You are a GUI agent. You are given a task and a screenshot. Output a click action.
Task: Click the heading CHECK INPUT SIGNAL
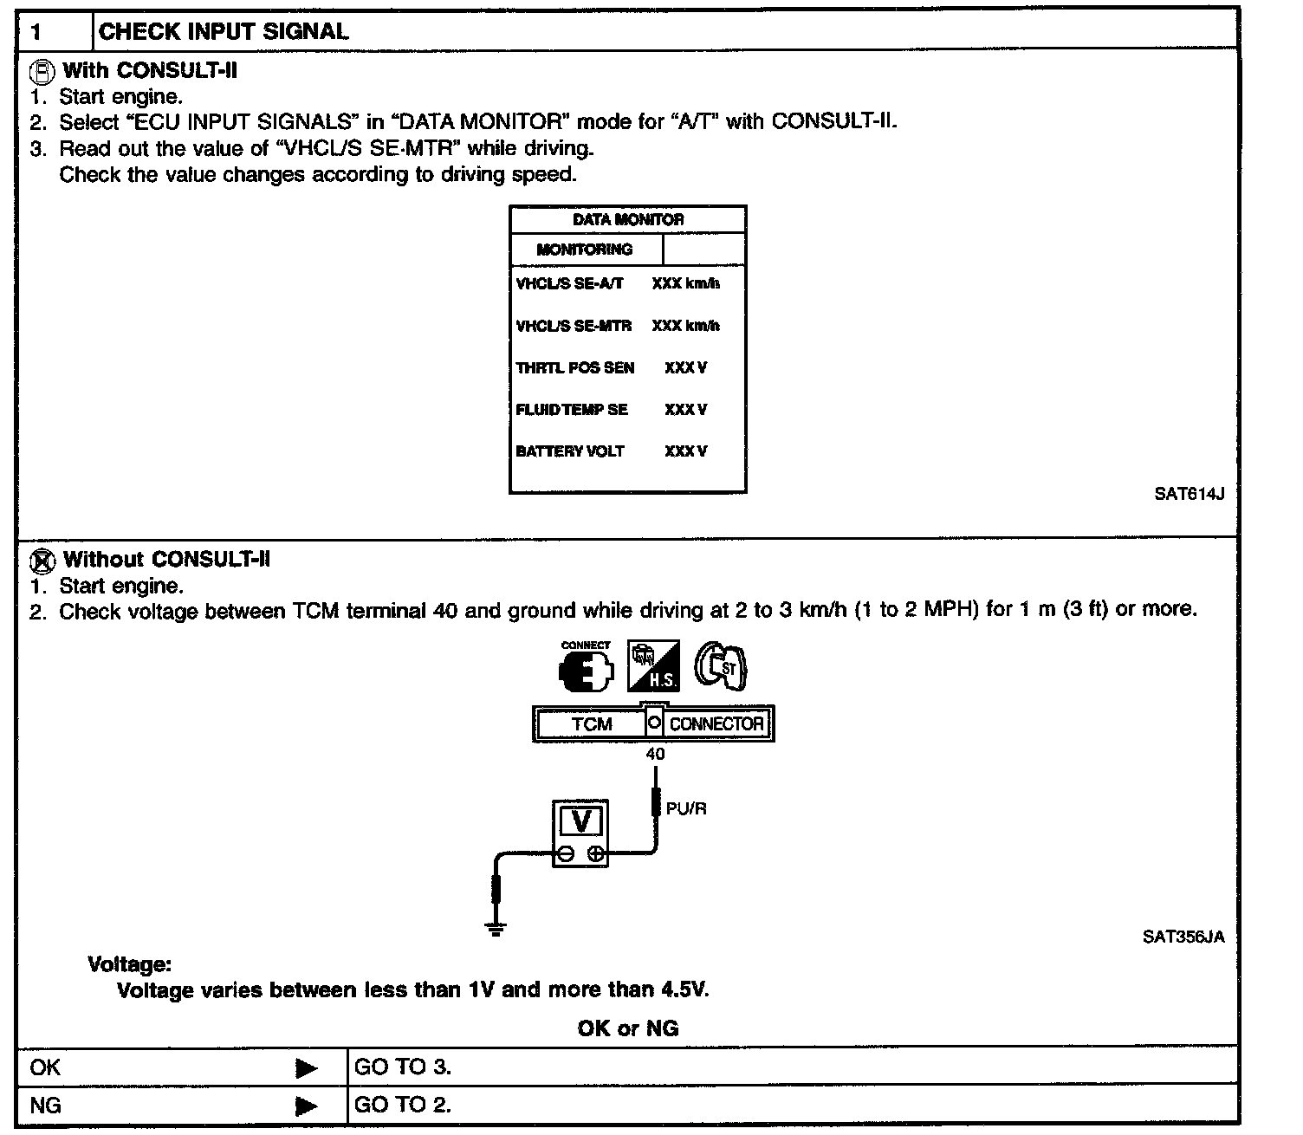[x=224, y=32]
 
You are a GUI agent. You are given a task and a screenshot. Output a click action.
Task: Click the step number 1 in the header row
[x=36, y=33]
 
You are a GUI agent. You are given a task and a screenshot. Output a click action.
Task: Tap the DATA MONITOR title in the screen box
[x=628, y=220]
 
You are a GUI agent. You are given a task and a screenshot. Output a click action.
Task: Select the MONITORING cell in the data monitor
[x=585, y=250]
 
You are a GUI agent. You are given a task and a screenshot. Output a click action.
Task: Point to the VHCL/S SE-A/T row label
[x=569, y=283]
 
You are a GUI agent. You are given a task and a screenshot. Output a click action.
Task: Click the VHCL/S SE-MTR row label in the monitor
[x=574, y=326]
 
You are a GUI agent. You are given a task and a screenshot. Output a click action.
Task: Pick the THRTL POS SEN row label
[x=574, y=367]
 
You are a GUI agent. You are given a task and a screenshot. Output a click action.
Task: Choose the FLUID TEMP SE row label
[x=572, y=409]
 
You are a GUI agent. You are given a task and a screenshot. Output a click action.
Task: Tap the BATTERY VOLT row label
[x=569, y=451]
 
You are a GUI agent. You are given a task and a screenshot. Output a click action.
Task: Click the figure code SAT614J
[x=1189, y=494]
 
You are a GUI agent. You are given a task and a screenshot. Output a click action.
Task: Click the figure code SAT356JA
[x=1183, y=937]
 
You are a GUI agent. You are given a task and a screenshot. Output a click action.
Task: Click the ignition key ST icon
[x=722, y=667]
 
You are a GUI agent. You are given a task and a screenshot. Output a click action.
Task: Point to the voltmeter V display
[x=581, y=820]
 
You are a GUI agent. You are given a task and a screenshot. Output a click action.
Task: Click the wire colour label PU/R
[x=686, y=809]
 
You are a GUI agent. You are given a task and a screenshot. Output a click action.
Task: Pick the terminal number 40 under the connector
[x=655, y=755]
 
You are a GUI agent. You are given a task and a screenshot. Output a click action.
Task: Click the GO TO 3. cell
[x=403, y=1067]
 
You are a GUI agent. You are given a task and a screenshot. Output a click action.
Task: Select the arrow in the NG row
[x=306, y=1106]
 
